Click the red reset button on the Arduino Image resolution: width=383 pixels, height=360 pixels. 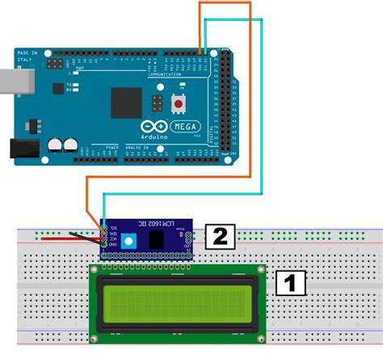[x=177, y=104]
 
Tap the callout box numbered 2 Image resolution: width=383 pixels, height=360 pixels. [x=219, y=237]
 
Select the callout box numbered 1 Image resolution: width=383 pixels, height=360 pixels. [x=290, y=283]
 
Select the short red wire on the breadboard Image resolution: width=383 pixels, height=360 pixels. [x=61, y=238]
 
